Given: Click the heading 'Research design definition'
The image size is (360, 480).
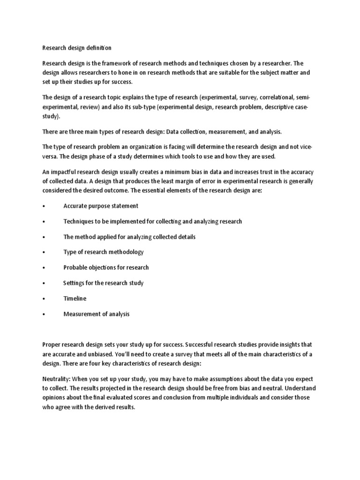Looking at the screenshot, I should (77, 47).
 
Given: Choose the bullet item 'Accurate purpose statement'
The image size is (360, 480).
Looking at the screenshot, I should (101, 206).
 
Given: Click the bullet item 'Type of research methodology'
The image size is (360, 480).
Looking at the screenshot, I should (104, 252).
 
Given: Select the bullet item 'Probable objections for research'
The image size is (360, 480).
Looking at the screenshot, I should (106, 267).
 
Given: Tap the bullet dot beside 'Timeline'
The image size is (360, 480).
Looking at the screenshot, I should (44, 299).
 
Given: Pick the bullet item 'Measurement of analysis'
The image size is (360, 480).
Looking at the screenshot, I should (97, 314).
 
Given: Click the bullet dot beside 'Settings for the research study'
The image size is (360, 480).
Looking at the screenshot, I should (44, 283).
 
